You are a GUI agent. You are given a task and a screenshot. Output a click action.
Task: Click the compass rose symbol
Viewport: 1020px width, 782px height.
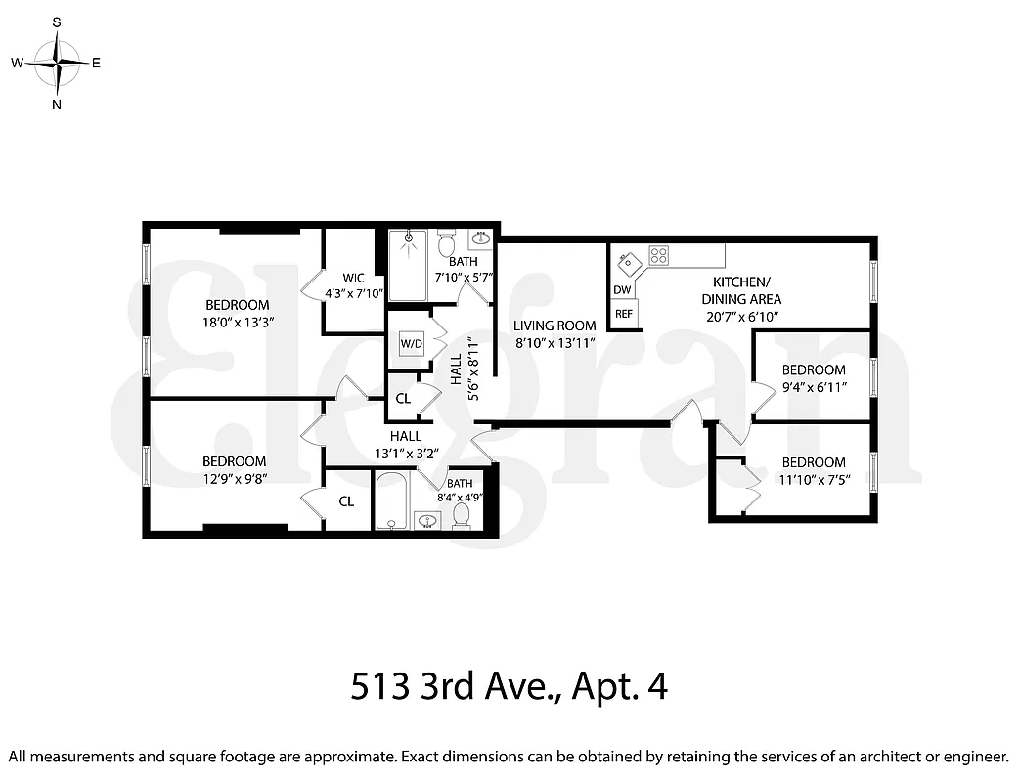[x=58, y=63]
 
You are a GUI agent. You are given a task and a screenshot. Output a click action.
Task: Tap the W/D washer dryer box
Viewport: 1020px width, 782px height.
[x=410, y=344]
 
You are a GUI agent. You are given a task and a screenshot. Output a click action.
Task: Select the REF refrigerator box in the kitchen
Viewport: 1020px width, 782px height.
[x=623, y=315]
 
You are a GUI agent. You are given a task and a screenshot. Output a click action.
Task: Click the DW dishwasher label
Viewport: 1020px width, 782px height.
[x=622, y=289]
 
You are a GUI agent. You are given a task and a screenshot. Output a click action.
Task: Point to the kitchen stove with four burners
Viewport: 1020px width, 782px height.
[x=659, y=256]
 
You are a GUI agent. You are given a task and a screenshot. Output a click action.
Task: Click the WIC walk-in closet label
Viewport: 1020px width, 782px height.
[x=353, y=277]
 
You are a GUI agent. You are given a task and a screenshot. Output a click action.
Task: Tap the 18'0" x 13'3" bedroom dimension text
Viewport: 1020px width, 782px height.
[x=237, y=321]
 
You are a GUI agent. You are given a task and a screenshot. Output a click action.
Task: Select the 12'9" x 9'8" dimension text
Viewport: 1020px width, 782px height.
[x=234, y=479]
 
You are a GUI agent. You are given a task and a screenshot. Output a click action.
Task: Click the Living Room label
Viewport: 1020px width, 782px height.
[x=554, y=326]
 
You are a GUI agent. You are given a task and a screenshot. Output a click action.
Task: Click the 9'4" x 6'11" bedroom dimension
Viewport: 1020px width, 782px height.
[x=813, y=387]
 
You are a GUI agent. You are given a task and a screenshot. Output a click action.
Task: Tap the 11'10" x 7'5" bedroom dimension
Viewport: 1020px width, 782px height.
[x=813, y=480]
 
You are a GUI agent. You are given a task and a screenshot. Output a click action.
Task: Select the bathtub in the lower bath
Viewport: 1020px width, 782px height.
[x=392, y=500]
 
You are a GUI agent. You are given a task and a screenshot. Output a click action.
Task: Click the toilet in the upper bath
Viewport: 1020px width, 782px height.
[x=446, y=242]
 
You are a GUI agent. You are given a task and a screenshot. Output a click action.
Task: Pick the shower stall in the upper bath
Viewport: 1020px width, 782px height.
[x=408, y=266]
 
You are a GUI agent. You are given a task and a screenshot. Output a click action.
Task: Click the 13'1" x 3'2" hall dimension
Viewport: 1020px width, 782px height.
[x=405, y=453]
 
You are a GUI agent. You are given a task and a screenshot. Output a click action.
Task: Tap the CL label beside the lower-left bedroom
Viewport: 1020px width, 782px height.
[x=346, y=501]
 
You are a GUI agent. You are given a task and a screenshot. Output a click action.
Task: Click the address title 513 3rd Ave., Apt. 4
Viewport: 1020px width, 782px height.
[x=509, y=686]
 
